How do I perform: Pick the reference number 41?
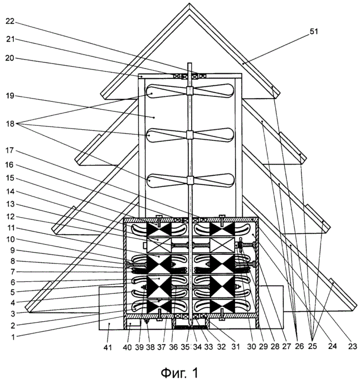pos(109,348)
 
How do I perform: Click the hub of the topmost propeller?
pos(189,91)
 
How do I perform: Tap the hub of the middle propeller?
pos(189,135)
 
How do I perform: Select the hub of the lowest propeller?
pos(189,180)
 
